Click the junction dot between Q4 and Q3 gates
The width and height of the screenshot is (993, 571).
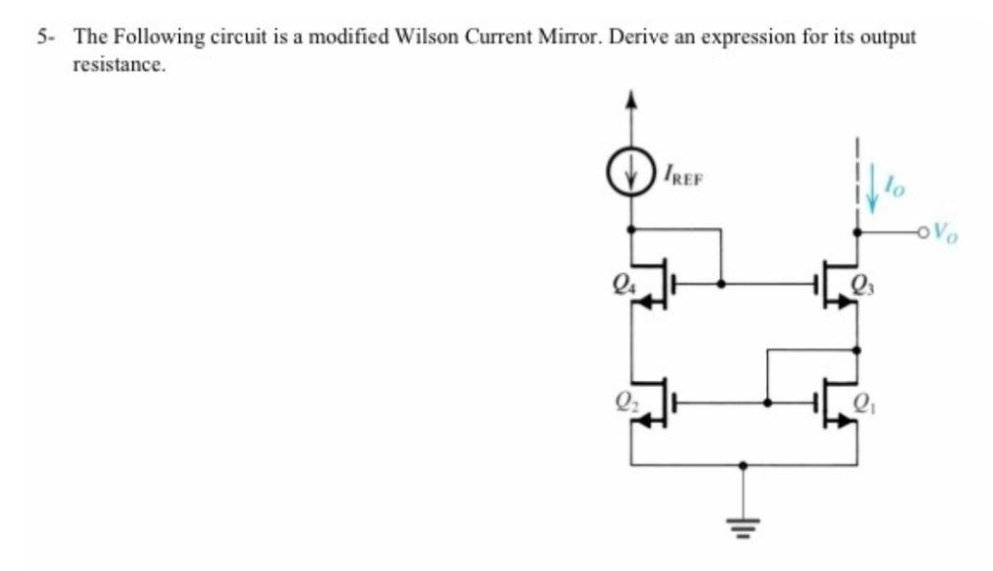[721, 285]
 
